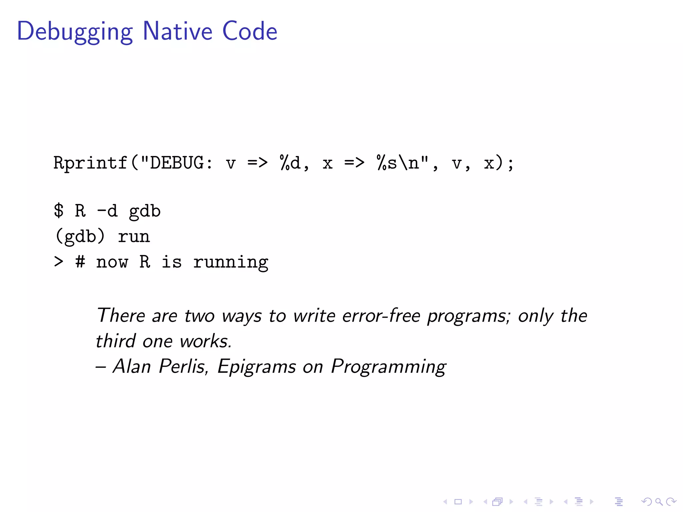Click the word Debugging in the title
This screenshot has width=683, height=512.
pyautogui.click(x=75, y=32)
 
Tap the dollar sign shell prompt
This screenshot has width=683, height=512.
pyautogui.click(x=59, y=211)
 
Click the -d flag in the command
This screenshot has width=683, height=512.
pyautogui.click(x=107, y=211)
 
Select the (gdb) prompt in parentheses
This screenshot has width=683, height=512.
pyautogui.click(x=80, y=236)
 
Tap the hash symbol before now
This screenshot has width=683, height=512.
pyautogui.click(x=80, y=262)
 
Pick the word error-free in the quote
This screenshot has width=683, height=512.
pyautogui.click(x=381, y=315)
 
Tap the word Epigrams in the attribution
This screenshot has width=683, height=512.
pyautogui.click(x=256, y=367)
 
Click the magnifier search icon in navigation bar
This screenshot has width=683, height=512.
pyautogui.click(x=659, y=501)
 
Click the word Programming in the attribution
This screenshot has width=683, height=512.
pyautogui.click(x=389, y=367)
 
